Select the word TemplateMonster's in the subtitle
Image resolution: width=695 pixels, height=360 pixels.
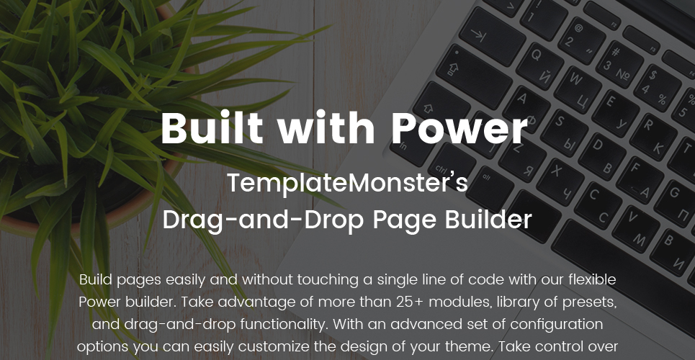(347, 183)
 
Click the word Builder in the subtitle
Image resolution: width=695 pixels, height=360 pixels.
(488, 219)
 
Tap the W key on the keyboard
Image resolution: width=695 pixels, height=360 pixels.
(578, 89)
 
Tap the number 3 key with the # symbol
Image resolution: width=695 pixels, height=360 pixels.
(619, 63)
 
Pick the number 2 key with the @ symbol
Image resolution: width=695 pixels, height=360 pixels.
(582, 40)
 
